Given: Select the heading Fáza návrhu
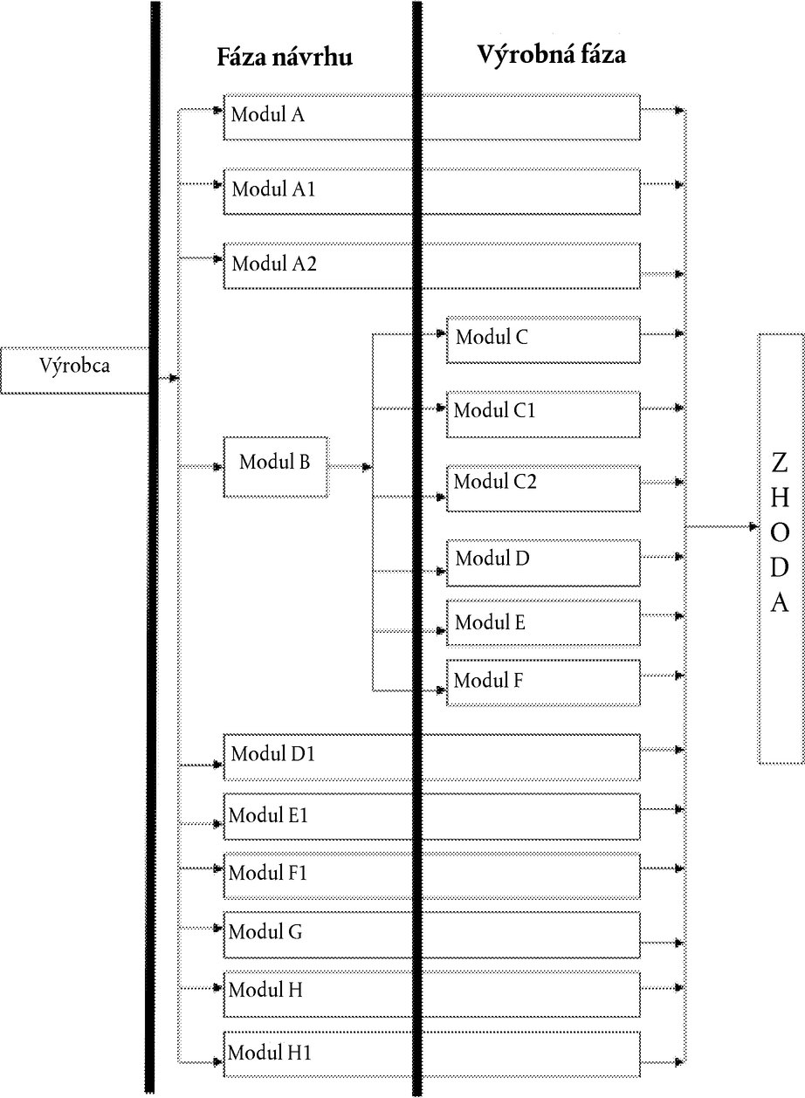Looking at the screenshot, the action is pos(285,58).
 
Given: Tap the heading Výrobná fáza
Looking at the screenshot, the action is pos(552,54).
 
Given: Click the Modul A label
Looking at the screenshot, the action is pos(268,114).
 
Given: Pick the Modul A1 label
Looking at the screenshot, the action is pos(273,189).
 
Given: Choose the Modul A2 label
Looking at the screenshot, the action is pos(274,264).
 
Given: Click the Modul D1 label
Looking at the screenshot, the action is pos(272,754).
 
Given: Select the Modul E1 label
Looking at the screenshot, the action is pos(268,815).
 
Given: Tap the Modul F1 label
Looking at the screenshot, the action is pos(267,873).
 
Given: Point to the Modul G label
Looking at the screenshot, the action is pos(265,931).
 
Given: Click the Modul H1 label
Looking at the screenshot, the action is pos(269,1052).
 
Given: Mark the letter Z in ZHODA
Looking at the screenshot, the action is pos(780,463).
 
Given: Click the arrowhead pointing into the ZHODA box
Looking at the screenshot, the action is pos(754,527).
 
